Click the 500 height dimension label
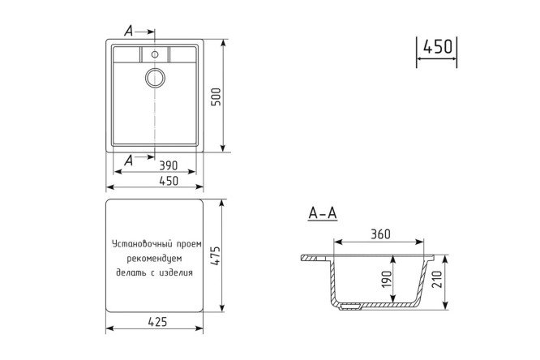(216, 96)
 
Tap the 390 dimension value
(169, 165)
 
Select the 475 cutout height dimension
(216, 255)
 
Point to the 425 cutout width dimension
(157, 322)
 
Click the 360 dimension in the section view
(380, 234)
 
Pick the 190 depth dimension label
(387, 280)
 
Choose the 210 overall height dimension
(436, 280)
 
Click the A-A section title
(323, 213)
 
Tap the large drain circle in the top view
(155, 78)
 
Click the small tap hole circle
(155, 54)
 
